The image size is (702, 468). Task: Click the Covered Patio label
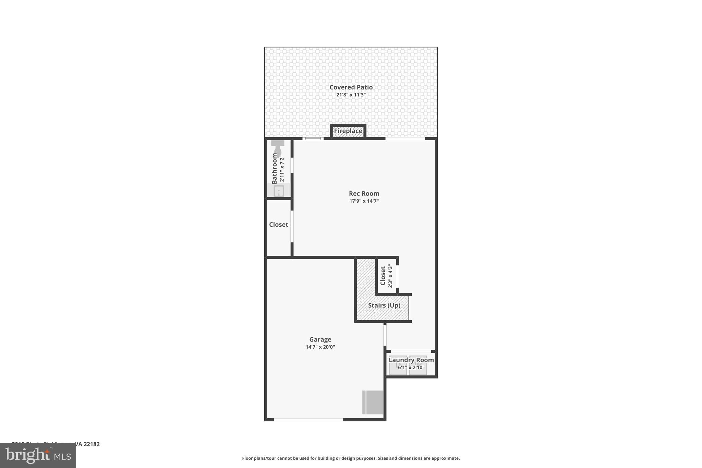click(351, 87)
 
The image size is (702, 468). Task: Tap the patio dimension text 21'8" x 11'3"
click(351, 95)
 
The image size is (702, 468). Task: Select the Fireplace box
click(348, 131)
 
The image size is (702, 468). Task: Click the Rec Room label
click(364, 194)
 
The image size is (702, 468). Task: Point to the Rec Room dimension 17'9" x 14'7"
click(364, 201)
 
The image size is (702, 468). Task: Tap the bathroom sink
click(279, 191)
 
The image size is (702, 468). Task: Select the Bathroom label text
click(275, 168)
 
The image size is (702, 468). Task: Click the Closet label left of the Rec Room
click(278, 225)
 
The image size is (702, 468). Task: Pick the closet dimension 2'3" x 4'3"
click(390, 276)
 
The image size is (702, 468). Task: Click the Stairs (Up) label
click(384, 305)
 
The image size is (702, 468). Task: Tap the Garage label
click(320, 339)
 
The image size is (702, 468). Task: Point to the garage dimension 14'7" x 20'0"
click(320, 347)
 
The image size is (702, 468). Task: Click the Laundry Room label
click(411, 360)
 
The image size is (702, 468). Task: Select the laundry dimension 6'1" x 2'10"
click(411, 368)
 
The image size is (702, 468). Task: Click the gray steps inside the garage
click(373, 402)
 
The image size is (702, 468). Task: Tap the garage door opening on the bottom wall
click(308, 419)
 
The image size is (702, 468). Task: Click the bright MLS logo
click(38, 455)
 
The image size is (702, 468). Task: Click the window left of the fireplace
click(313, 139)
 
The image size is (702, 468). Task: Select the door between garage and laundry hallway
click(385, 335)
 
